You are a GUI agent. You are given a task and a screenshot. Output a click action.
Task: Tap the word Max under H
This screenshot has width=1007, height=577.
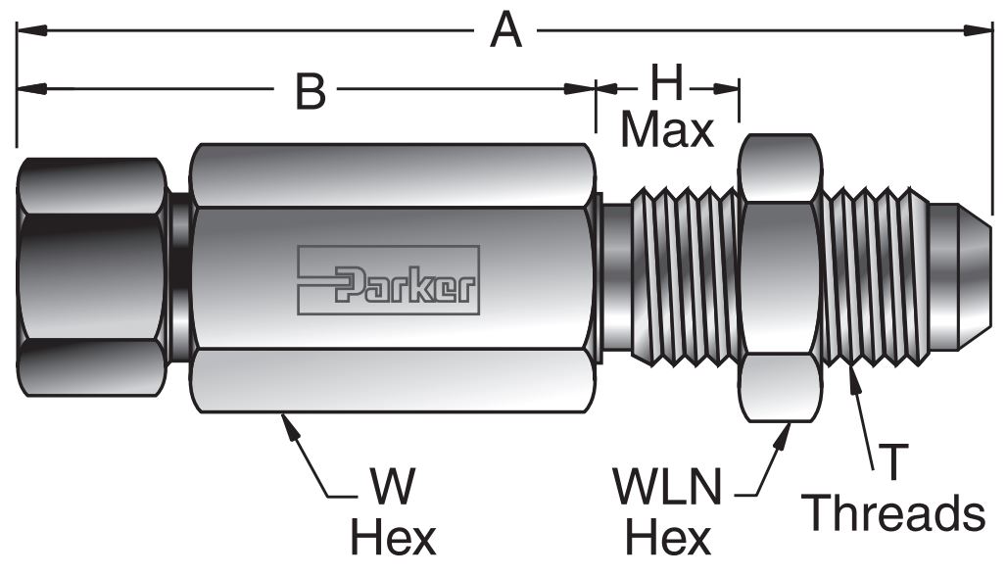[667, 129]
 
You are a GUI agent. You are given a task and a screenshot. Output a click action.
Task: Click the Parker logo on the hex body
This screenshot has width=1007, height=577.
[389, 280]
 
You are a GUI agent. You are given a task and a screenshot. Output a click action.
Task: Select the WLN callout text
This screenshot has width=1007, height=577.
[667, 487]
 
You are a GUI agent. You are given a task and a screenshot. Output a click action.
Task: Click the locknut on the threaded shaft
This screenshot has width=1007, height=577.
[779, 278]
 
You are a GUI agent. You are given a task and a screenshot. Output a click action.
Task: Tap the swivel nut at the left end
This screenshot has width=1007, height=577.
[90, 278]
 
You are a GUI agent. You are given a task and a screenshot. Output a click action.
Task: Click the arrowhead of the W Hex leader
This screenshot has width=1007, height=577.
[286, 421]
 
